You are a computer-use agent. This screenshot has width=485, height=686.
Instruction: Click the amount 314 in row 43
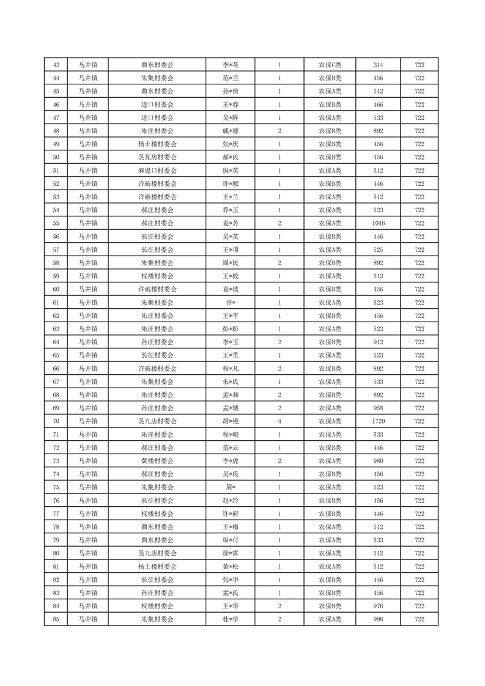(378, 65)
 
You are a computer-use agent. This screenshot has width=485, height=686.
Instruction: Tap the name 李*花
(229, 65)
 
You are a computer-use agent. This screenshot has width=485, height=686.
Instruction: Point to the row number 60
(56, 289)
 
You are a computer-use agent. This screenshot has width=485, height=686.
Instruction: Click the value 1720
(378, 421)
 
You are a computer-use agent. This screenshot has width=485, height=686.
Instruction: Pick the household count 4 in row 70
(280, 421)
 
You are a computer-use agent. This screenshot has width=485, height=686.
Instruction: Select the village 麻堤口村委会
(157, 171)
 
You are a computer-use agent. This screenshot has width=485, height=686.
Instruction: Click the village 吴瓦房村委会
(157, 157)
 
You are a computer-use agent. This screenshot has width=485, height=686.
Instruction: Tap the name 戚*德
(229, 131)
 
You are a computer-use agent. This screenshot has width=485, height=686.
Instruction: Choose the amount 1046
(378, 223)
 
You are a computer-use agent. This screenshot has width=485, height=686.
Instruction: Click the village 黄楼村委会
(157, 460)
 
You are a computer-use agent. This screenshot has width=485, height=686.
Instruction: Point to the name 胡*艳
(229, 421)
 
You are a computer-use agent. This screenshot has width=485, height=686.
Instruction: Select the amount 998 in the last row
(378, 619)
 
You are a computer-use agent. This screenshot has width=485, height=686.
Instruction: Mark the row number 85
(56, 619)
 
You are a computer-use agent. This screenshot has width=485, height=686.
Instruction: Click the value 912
(378, 342)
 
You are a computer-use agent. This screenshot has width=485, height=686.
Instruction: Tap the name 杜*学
(229, 619)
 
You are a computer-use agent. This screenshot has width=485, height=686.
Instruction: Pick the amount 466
(378, 105)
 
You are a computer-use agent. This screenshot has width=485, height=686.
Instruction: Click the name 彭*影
(229, 328)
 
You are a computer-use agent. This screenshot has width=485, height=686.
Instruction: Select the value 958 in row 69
(378, 408)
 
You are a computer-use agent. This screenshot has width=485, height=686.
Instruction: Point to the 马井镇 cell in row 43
(88, 65)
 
